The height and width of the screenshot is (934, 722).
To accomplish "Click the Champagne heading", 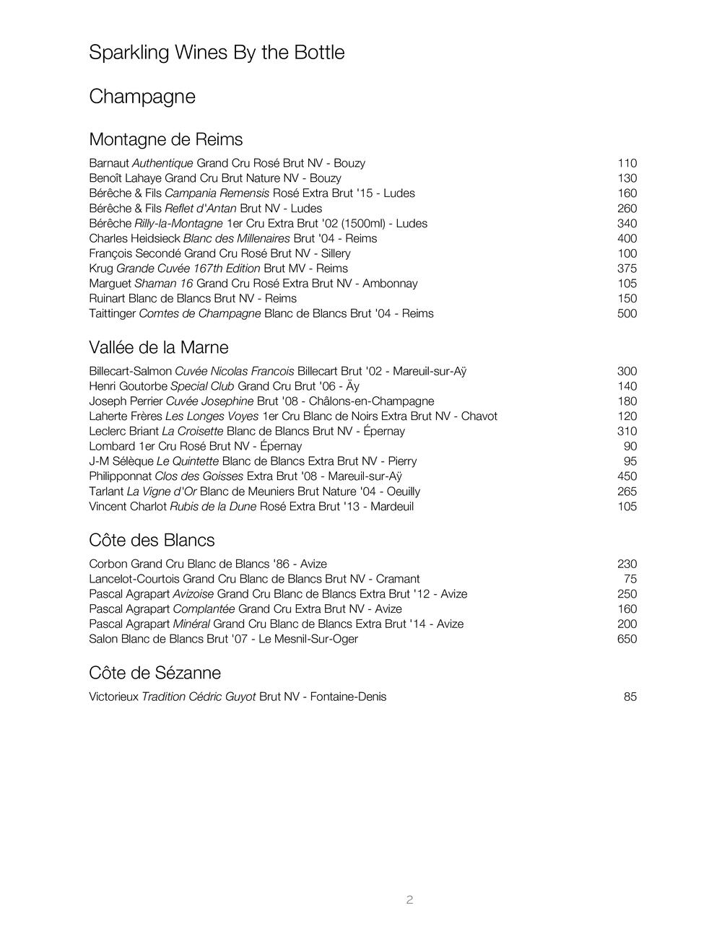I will click(x=142, y=97).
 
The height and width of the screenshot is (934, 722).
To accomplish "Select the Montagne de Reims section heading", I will click(x=165, y=139).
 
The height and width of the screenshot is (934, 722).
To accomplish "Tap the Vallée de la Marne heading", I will click(x=158, y=347).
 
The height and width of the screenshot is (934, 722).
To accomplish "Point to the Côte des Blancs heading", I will click(x=152, y=540).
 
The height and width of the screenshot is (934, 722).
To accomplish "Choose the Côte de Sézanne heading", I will click(x=155, y=673).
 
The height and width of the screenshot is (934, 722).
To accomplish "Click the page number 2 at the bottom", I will click(x=409, y=899).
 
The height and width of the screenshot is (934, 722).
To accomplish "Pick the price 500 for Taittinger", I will click(x=627, y=313).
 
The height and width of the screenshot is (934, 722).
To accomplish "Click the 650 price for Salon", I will click(x=627, y=639).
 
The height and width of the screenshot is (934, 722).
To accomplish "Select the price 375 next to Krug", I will click(x=627, y=269).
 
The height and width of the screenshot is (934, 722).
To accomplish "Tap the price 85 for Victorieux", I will click(x=630, y=697).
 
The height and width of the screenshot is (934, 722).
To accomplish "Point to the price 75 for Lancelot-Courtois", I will click(x=630, y=579).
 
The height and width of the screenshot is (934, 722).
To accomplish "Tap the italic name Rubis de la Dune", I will click(x=213, y=507).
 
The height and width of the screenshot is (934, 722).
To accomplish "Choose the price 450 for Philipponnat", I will click(x=627, y=476).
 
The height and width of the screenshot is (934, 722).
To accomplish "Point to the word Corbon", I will click(x=108, y=564).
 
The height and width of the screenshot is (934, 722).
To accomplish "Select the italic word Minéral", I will click(x=191, y=624).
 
